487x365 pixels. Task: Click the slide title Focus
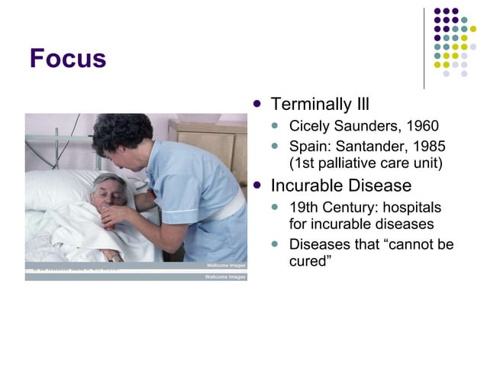tap(67, 59)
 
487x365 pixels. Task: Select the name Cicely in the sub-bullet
tap(310, 126)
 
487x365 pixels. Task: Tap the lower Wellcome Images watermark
tap(225, 276)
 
